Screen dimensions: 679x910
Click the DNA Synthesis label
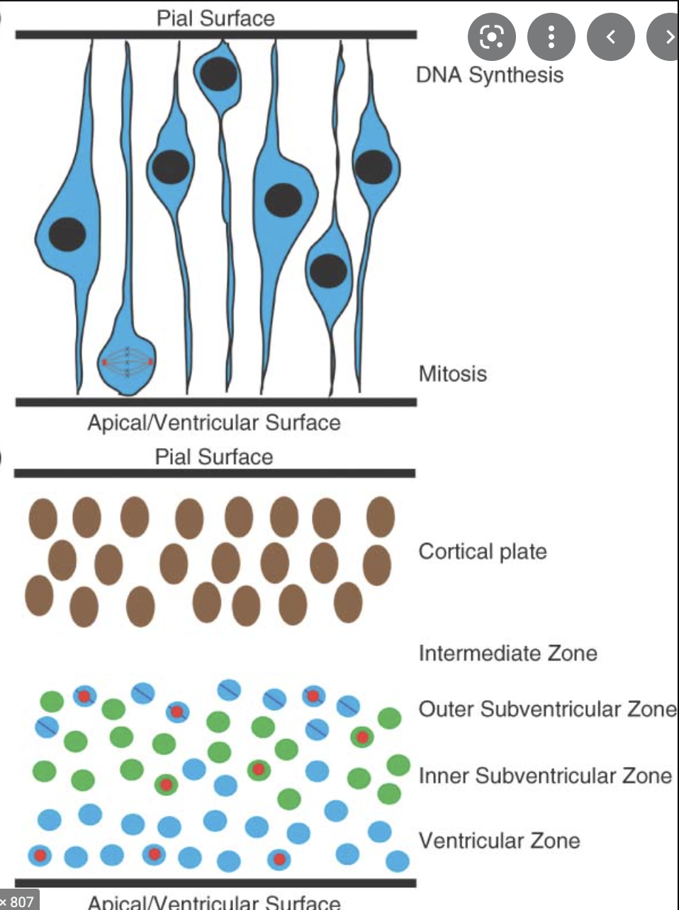click(x=490, y=74)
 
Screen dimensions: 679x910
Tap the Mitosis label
click(x=452, y=373)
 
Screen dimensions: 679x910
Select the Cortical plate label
click(x=483, y=551)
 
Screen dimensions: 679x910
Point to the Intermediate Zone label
click(x=507, y=653)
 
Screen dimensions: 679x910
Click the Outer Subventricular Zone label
click(x=546, y=709)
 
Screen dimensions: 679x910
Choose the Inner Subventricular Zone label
click(x=544, y=775)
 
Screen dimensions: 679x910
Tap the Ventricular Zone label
click(x=499, y=841)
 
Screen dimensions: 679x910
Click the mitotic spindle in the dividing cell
click(x=128, y=361)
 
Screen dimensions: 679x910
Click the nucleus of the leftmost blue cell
click(x=67, y=234)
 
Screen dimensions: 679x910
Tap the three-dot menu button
click(x=551, y=36)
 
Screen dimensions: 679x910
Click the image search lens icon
click(x=491, y=36)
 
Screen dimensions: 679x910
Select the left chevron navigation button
click(x=610, y=36)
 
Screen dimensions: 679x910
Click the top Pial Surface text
click(x=215, y=18)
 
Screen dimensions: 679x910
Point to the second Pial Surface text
click(x=214, y=456)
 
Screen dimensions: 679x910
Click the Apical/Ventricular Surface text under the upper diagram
click(x=214, y=423)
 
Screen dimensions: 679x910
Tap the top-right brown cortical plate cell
click(x=381, y=516)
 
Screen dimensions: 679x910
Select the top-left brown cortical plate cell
click(x=43, y=517)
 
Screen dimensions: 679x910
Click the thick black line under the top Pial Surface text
click(x=215, y=34)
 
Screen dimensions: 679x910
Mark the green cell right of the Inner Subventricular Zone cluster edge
click(x=398, y=765)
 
